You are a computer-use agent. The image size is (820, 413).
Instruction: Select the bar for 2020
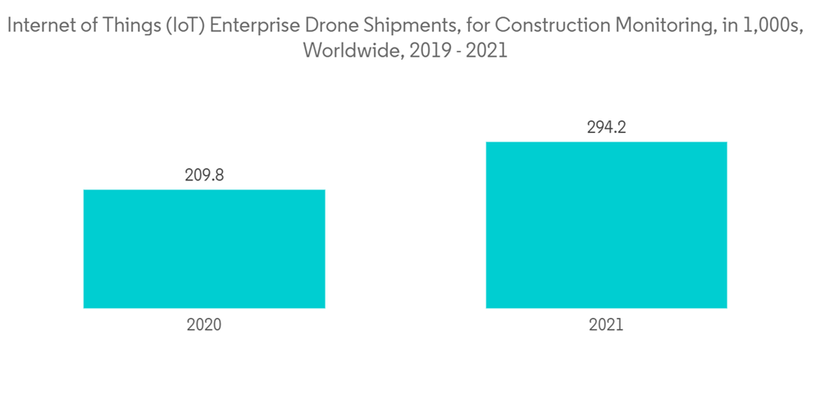click(204, 249)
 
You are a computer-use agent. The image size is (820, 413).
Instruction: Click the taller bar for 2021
click(606, 225)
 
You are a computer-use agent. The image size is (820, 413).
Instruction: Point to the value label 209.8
click(204, 175)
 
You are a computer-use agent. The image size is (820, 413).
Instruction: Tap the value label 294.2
click(606, 128)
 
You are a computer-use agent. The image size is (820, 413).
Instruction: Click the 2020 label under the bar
click(204, 325)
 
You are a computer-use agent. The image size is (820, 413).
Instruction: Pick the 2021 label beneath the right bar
click(606, 325)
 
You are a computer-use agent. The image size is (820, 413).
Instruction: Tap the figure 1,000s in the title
click(775, 26)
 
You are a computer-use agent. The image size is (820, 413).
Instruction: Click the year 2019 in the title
click(425, 51)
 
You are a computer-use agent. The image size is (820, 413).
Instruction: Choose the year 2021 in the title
click(489, 51)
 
